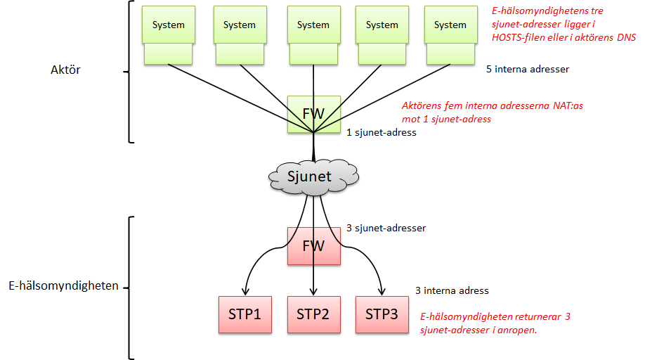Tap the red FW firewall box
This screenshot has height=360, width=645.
click(313, 246)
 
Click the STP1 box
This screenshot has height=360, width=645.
click(245, 314)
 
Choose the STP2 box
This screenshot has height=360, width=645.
click(313, 314)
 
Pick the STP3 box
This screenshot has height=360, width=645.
click(382, 314)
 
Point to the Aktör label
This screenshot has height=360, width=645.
click(66, 70)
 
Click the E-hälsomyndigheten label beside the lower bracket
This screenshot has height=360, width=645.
click(63, 286)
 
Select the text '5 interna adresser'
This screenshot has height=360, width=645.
click(527, 70)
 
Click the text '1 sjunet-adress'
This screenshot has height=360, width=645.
click(382, 132)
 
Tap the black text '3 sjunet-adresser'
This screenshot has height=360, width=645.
click(386, 228)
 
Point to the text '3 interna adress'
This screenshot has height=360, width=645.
click(452, 290)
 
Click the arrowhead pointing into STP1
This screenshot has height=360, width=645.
click(245, 290)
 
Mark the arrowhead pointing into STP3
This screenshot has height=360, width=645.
click(382, 290)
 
